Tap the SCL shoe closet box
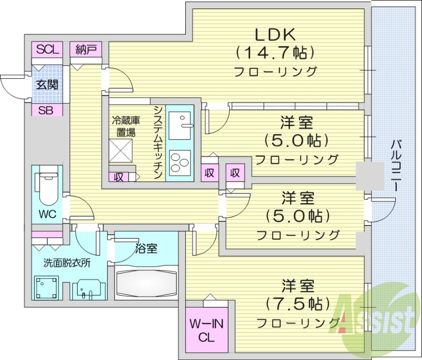[46, 50]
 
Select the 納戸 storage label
[86, 50]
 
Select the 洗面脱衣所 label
[67, 263]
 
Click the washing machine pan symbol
[46, 288]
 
